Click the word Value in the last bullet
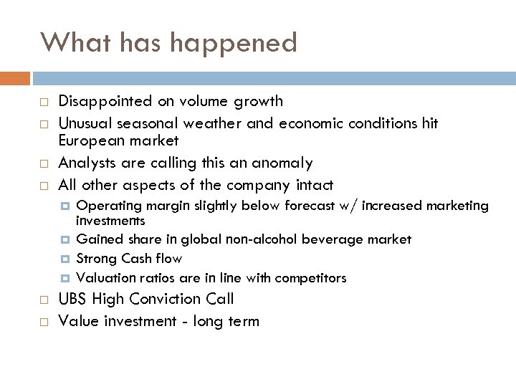pyautogui.click(x=78, y=321)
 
